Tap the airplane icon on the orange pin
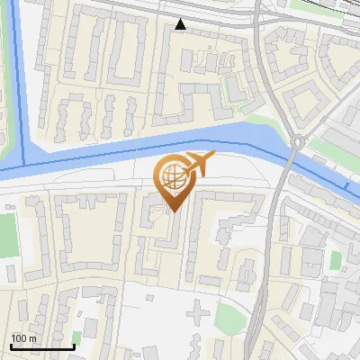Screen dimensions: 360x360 tap(197, 164)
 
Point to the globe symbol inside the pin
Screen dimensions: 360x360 tap(171, 175)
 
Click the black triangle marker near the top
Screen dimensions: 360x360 tap(181, 24)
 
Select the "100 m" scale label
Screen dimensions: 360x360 tap(23, 338)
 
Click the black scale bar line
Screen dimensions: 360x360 tap(42, 346)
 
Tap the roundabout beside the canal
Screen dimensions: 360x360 tap(297, 141)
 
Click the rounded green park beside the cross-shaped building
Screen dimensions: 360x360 tap(230, 316)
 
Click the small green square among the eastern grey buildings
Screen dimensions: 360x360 tap(336, 260)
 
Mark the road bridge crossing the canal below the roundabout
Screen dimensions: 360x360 tap(288, 164)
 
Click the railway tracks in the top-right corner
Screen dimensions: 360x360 tap(333, 11)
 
